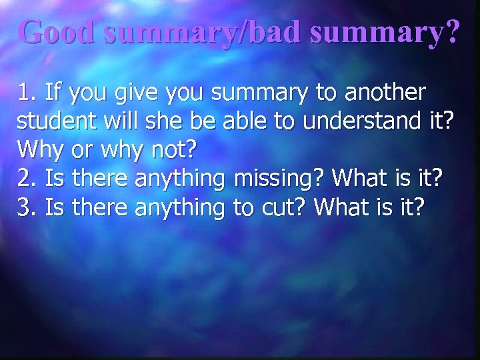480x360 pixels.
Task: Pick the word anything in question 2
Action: pyautogui.click(x=179, y=179)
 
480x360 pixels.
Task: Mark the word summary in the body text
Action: pyautogui.click(x=259, y=93)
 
